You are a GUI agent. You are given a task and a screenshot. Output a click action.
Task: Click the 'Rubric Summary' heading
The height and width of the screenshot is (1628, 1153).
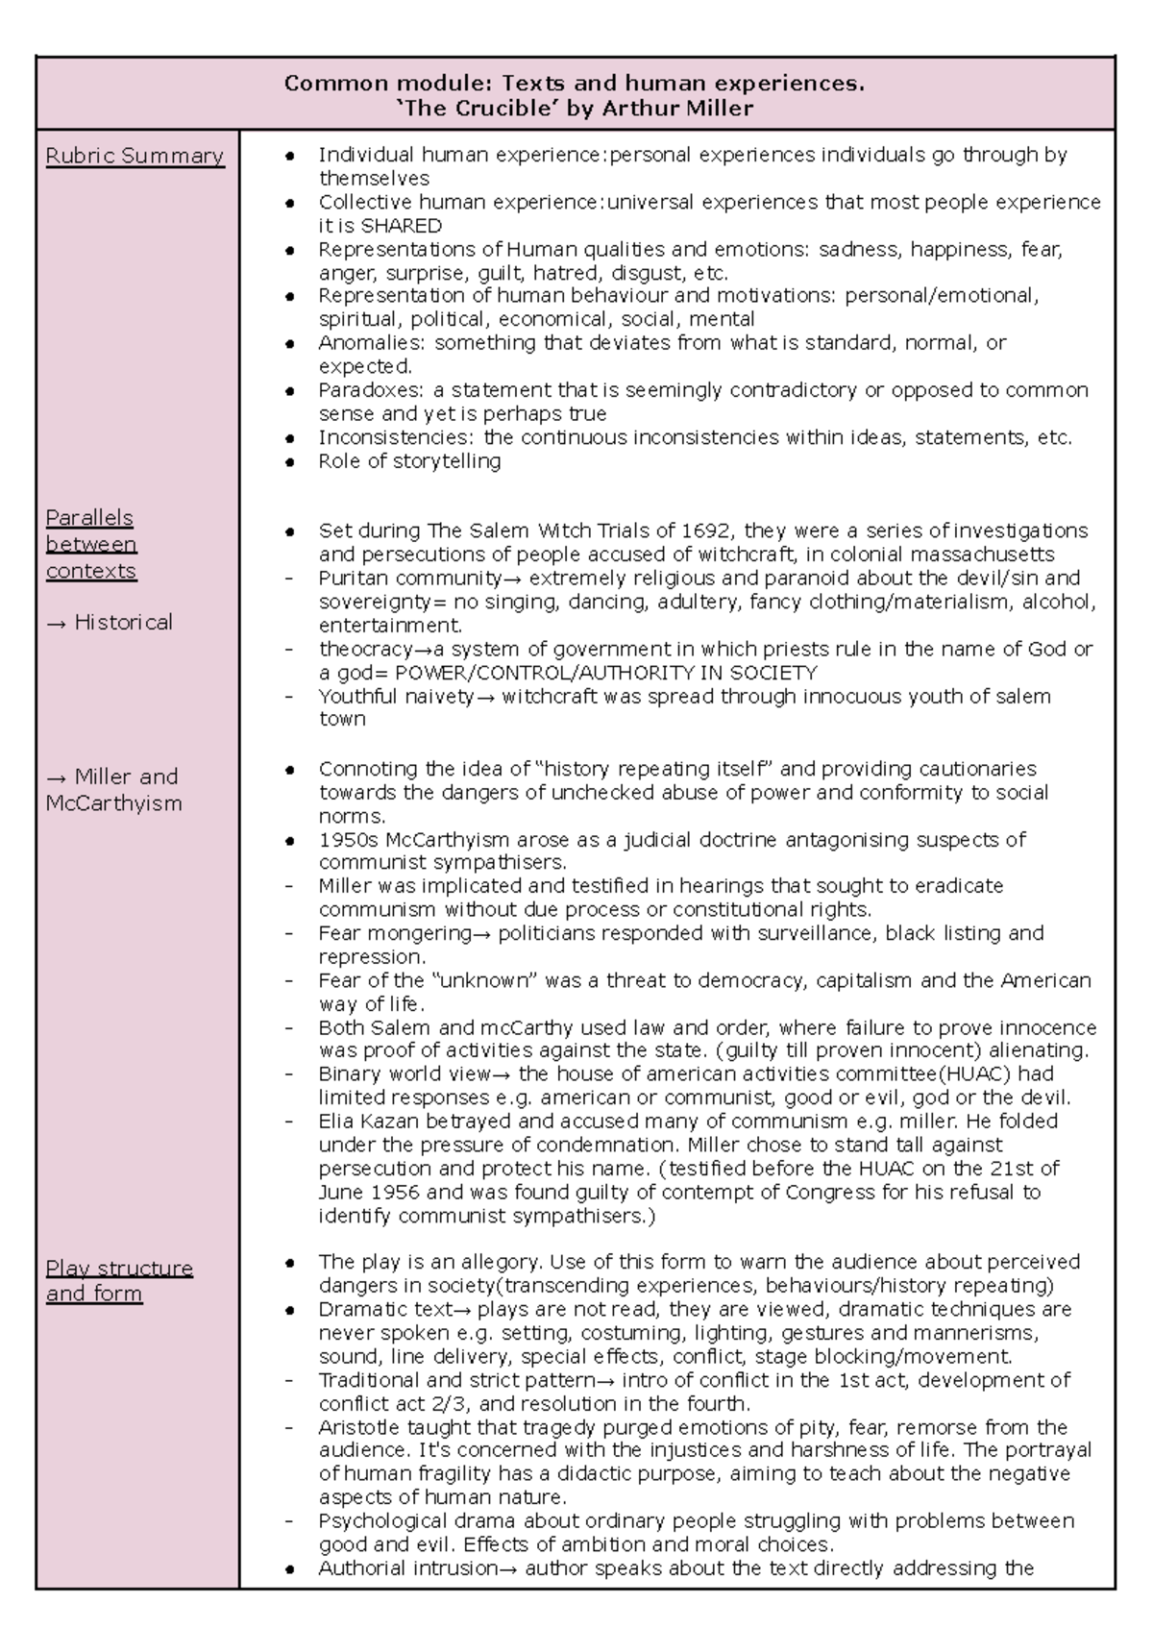[135, 156]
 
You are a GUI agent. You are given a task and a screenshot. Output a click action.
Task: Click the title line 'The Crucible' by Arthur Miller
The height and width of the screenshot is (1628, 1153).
[575, 109]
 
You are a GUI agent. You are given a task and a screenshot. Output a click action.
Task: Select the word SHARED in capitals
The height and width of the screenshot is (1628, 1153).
[401, 226]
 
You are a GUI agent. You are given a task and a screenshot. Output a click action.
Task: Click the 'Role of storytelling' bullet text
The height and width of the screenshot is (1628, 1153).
[409, 461]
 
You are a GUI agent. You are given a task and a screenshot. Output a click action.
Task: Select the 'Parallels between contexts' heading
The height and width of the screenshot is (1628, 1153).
[91, 544]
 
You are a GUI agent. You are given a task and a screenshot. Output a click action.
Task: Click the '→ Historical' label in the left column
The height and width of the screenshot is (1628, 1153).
[109, 623]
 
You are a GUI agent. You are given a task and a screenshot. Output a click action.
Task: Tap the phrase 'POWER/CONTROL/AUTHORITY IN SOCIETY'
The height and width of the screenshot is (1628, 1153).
[605, 673]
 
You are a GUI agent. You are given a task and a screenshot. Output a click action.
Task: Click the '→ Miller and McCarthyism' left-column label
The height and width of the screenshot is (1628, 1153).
[112, 789]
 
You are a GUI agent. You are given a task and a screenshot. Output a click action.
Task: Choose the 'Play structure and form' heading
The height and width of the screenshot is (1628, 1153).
[118, 1281]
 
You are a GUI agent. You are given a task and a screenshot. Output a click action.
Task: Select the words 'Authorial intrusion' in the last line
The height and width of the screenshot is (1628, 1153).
[407, 1568]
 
